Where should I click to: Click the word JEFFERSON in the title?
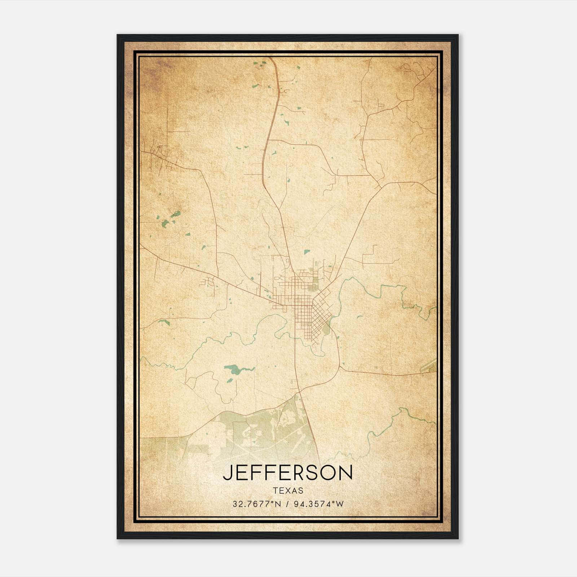pos(288,473)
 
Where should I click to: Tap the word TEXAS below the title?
pos(288,490)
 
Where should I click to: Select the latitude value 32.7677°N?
pos(256,504)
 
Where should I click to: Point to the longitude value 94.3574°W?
pos(319,504)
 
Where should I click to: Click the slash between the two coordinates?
pos(288,504)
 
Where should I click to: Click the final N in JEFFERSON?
pos(345,473)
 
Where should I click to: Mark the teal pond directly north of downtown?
pos(307,252)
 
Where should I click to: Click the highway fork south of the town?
pos(299,392)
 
